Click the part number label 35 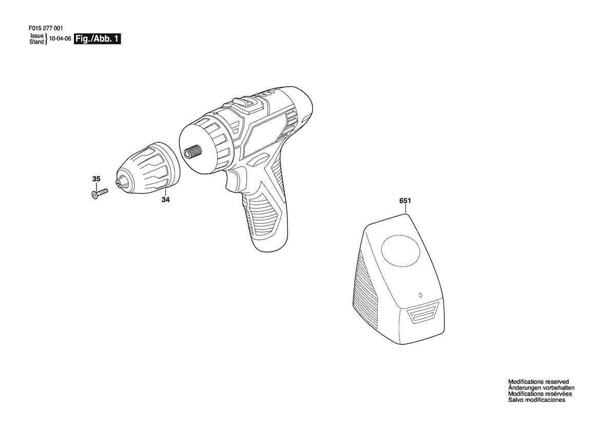(96, 179)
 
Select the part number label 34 (165, 199)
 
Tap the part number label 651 (405, 201)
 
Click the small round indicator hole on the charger (420, 295)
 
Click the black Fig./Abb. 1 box (97, 38)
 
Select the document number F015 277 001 (46, 28)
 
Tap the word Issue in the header (37, 36)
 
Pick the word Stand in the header (37, 42)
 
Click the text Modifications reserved (538, 381)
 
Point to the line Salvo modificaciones (536, 400)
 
